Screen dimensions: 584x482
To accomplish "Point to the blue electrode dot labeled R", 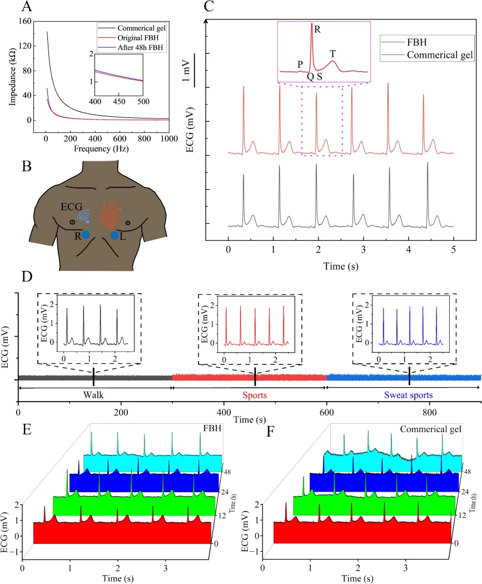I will click(x=86, y=235).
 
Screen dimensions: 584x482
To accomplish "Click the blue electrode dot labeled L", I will click(x=115, y=236).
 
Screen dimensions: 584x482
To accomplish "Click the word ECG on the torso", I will click(x=71, y=207).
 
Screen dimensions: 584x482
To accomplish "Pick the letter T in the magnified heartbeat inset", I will click(x=332, y=53).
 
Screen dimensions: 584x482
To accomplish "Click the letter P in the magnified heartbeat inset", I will click(x=300, y=63).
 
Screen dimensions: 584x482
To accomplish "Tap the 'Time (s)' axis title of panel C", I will click(x=340, y=265).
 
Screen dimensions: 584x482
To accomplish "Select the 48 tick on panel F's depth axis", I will click(x=468, y=472).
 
